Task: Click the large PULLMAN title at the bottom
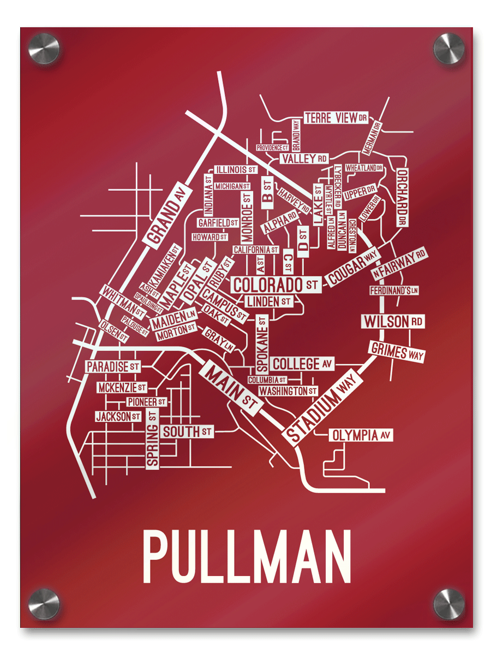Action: coord(247,557)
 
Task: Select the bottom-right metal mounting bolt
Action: coord(448,604)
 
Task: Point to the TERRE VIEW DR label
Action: coord(336,118)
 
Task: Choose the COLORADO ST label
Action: coord(276,284)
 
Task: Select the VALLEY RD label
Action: coord(304,159)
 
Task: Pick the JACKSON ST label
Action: coord(118,417)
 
